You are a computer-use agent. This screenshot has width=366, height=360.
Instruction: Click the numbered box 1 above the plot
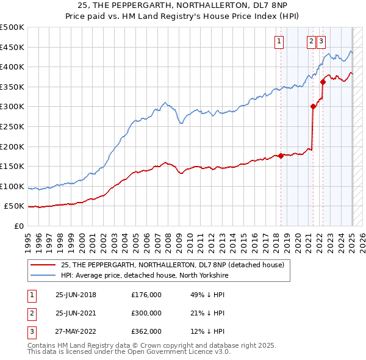point(279,41)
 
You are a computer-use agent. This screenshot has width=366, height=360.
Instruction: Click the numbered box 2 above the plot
point(311,41)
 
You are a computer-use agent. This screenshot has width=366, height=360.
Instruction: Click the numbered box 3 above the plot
point(321,41)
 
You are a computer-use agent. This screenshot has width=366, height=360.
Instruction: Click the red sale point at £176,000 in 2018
point(281,156)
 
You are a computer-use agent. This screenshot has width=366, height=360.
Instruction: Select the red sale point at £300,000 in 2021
point(313,106)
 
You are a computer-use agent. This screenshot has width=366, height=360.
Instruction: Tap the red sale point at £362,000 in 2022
point(323,82)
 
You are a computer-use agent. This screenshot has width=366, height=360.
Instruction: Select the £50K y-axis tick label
point(15,206)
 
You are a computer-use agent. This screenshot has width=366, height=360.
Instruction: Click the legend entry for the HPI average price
point(144,275)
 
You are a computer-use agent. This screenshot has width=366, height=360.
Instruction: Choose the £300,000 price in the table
point(146,313)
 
